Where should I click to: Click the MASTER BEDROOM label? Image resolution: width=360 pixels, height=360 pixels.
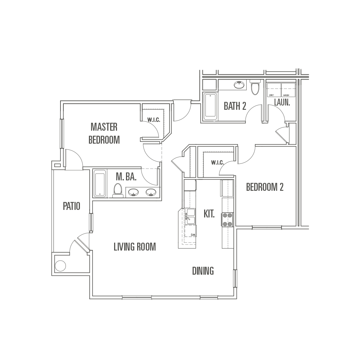104,134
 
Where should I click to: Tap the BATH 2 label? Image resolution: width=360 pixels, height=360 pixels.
235,106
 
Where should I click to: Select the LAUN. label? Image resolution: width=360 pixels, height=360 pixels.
282,102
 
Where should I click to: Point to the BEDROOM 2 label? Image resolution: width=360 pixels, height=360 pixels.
265,187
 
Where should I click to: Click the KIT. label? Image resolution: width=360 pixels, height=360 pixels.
209,214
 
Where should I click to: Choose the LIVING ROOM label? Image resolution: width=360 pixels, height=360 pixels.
135,247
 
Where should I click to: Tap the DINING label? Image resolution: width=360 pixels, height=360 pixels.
203,271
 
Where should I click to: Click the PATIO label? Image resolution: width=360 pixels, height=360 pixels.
72,206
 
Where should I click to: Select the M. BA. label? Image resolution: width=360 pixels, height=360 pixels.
126,177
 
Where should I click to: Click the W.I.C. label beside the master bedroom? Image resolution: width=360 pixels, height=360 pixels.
154,120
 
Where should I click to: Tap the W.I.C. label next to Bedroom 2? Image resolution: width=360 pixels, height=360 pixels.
217,163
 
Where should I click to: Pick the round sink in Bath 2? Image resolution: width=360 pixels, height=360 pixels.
239,85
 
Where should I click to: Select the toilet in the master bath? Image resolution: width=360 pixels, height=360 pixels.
118,190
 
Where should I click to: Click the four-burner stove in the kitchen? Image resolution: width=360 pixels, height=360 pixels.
227,220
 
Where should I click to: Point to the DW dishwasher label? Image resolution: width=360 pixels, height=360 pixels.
193,235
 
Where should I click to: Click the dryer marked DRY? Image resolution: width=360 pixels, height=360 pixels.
274,90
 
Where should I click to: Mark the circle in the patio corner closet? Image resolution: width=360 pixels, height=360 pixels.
60,266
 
